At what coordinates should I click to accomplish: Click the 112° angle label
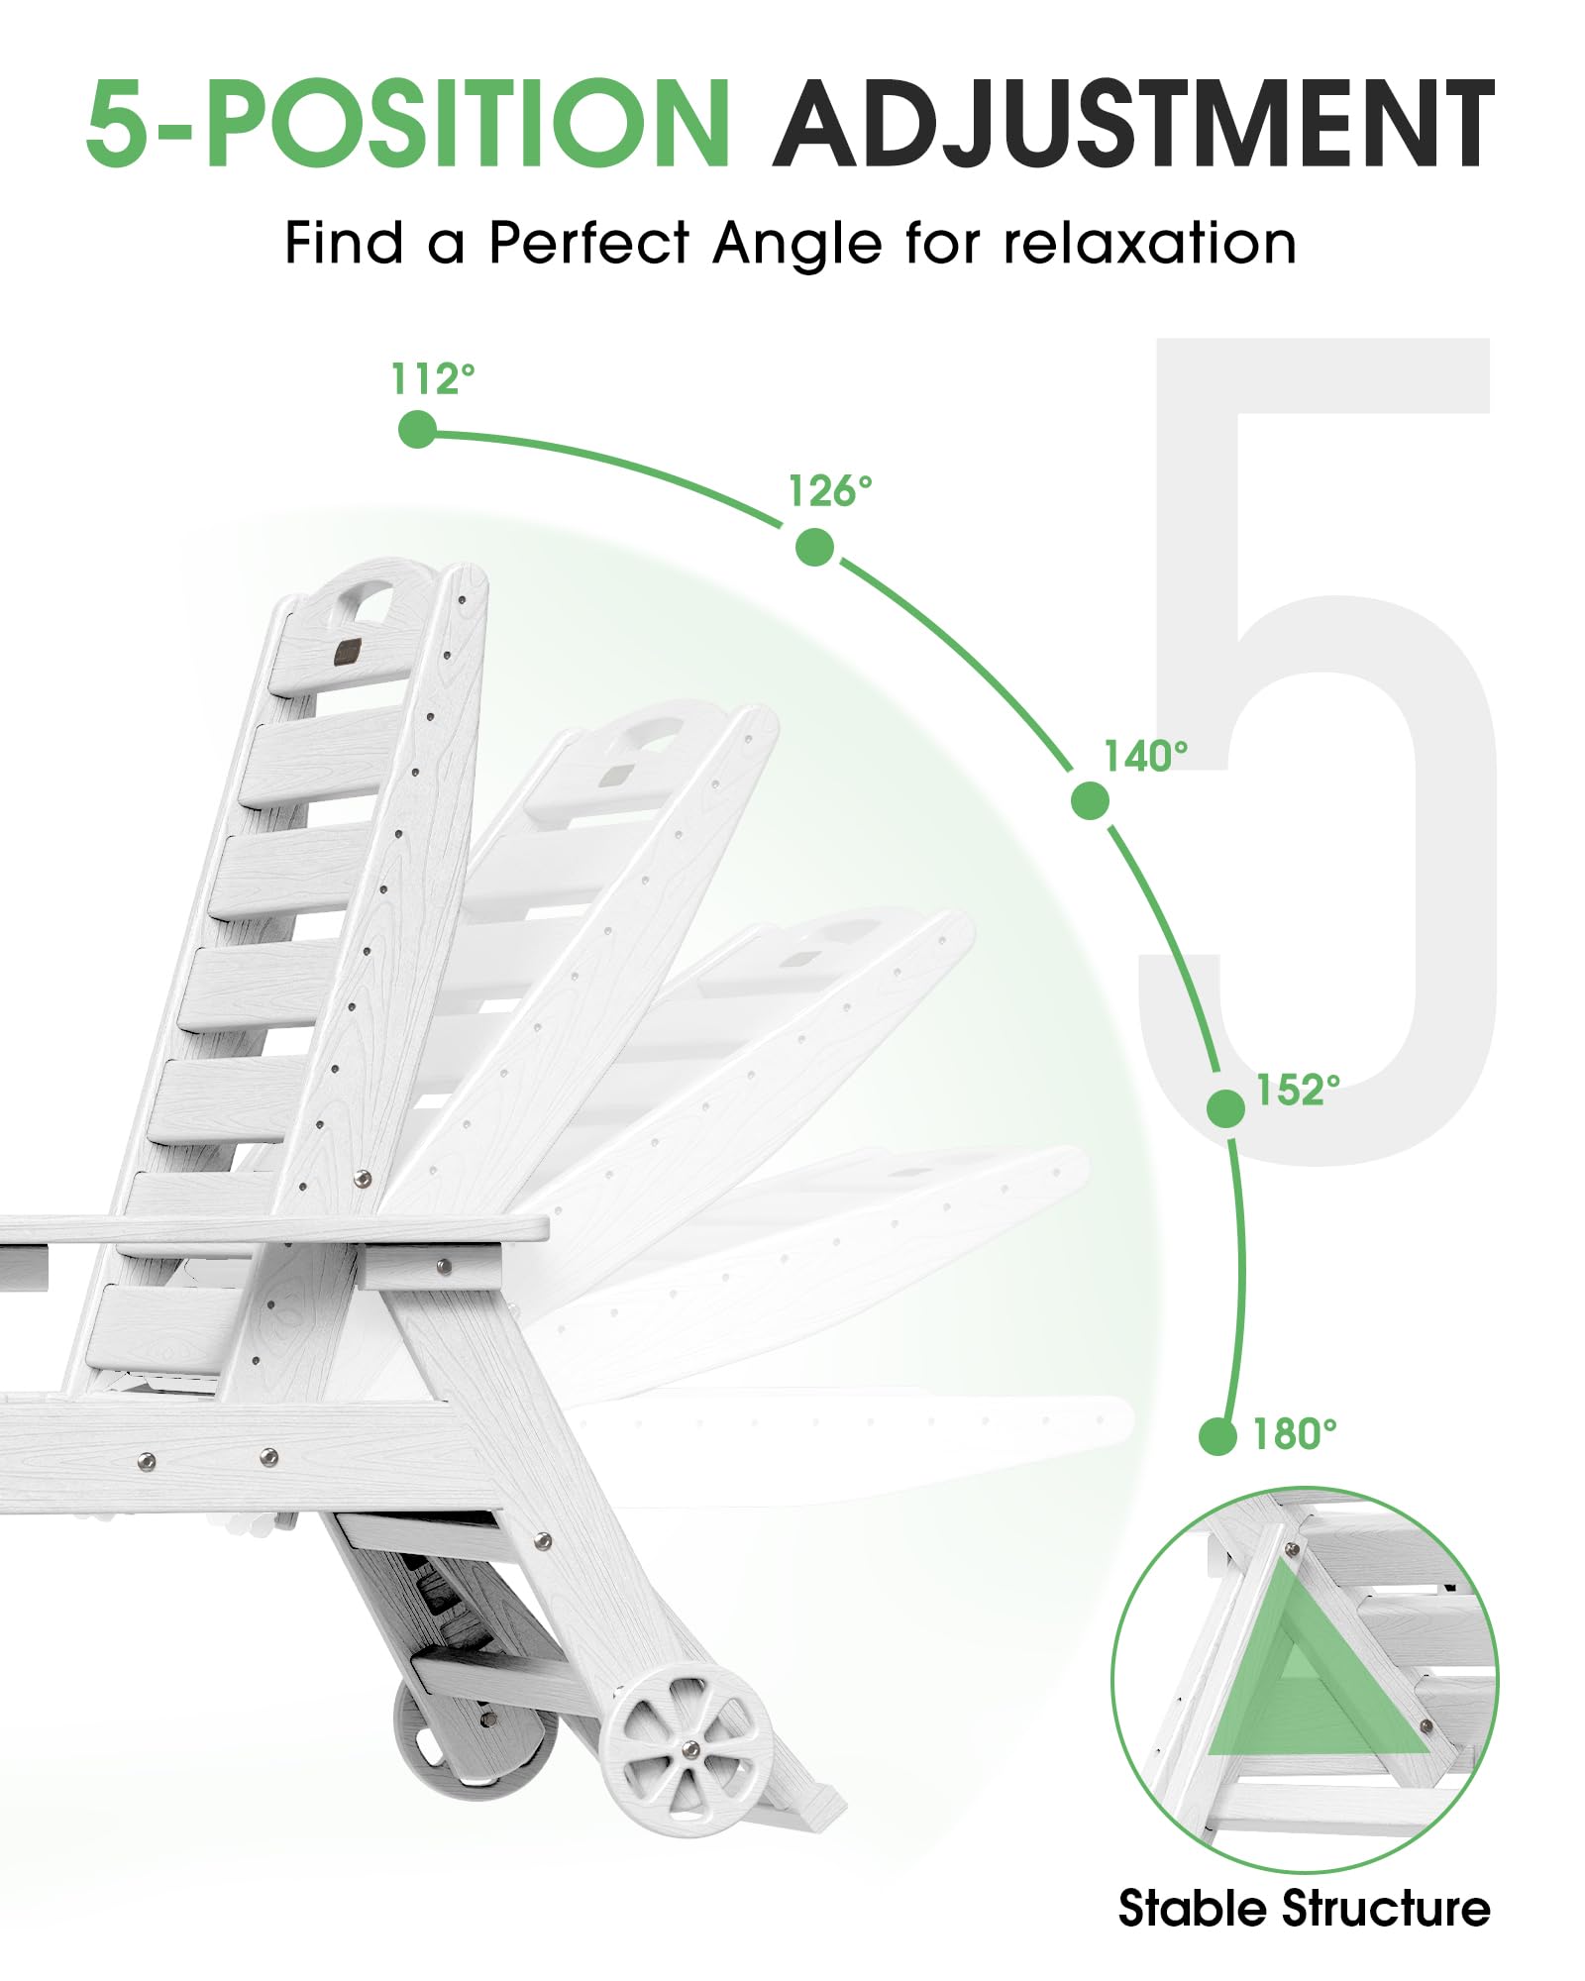pos(433,378)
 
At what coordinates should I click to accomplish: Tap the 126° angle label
pos(830,490)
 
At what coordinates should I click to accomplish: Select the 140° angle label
pos(1146,756)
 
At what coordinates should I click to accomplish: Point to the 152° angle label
pos(1299,1090)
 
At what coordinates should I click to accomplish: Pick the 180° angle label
pos(1295,1433)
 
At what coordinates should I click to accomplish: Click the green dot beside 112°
pos(417,430)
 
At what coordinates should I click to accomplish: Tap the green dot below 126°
pos(814,547)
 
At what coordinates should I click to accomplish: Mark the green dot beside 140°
pos(1090,800)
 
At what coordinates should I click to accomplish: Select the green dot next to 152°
pos(1226,1108)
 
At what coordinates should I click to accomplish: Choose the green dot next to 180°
pos(1217,1436)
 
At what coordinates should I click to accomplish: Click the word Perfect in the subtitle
pos(589,242)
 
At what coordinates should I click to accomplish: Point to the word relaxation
pos(1150,243)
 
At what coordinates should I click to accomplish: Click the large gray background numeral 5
pos(1318,752)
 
